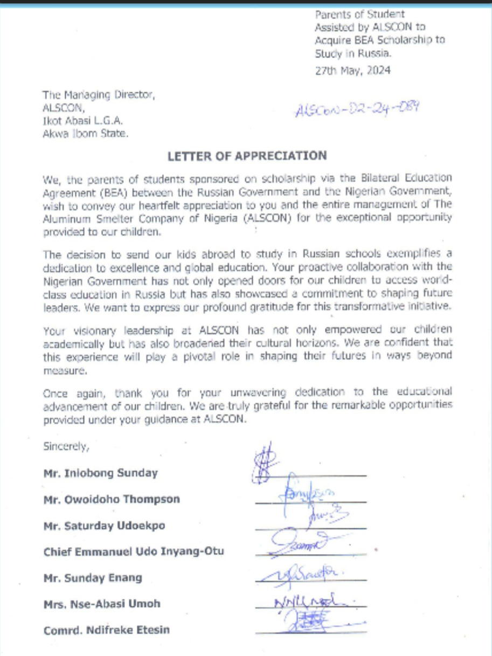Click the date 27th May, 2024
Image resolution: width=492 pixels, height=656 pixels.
coord(352,70)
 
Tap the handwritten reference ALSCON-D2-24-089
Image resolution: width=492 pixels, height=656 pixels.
coord(357,109)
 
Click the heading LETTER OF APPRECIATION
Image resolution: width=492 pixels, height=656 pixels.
coord(247,156)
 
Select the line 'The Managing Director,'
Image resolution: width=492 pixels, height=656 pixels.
coord(99,96)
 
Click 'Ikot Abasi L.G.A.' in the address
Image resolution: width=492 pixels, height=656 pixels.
coord(82,122)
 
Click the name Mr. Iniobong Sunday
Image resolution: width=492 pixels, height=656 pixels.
coord(100,473)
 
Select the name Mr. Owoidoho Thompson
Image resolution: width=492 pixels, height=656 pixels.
coord(112,499)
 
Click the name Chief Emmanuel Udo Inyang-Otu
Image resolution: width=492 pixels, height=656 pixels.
coord(133,551)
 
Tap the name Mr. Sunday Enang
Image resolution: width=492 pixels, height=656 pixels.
coord(93,578)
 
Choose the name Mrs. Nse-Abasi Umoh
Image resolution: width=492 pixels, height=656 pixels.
coord(102,604)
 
